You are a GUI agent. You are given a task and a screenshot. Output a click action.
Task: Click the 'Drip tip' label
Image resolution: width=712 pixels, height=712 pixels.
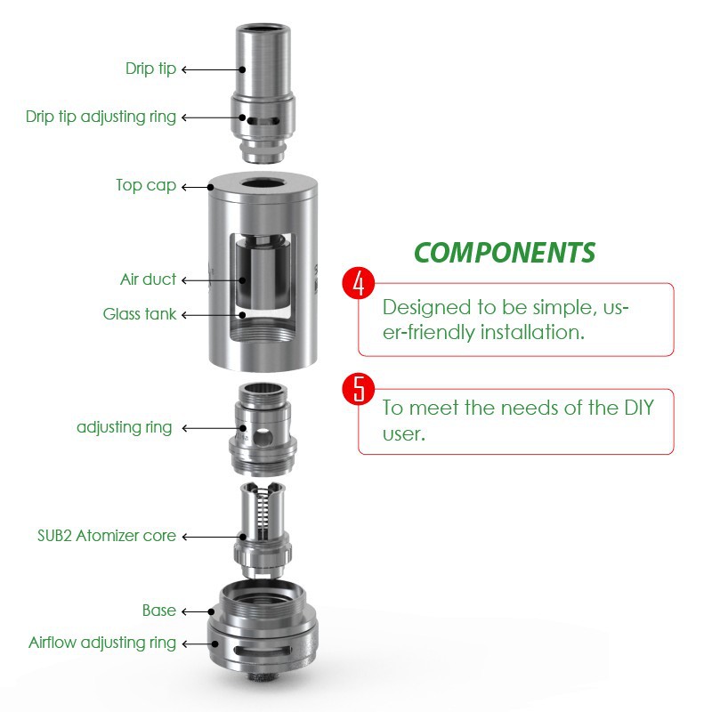[x=150, y=69]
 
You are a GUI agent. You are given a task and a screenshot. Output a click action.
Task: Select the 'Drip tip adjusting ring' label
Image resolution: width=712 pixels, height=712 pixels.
[x=101, y=117]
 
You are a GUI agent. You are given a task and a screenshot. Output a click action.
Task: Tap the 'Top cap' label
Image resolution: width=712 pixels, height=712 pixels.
[x=146, y=185]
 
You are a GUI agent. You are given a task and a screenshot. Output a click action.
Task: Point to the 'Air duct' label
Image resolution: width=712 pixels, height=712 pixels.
[x=148, y=279]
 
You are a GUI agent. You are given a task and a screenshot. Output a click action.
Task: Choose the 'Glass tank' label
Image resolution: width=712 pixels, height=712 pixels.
[x=140, y=314]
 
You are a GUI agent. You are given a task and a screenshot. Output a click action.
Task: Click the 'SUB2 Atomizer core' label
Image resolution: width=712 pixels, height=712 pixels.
[x=107, y=536]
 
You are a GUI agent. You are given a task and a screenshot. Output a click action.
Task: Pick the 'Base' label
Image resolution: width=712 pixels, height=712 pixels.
[x=159, y=611]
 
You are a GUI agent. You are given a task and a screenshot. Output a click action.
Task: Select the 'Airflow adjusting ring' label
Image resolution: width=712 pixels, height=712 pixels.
[x=102, y=643]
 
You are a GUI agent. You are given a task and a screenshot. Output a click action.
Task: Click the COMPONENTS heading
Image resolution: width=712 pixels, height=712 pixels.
[x=505, y=253]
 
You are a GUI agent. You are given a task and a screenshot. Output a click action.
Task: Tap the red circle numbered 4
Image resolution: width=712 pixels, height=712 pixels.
[x=359, y=283]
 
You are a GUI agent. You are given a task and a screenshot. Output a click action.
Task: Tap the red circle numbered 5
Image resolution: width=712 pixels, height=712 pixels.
[x=359, y=389]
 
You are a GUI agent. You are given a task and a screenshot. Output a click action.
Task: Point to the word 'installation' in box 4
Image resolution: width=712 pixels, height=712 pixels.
[x=532, y=332]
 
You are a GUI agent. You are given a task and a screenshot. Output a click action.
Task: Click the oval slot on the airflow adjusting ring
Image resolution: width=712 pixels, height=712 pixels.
[x=263, y=651]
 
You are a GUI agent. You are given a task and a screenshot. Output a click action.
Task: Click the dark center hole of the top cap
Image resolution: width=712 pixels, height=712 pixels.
[x=263, y=183]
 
